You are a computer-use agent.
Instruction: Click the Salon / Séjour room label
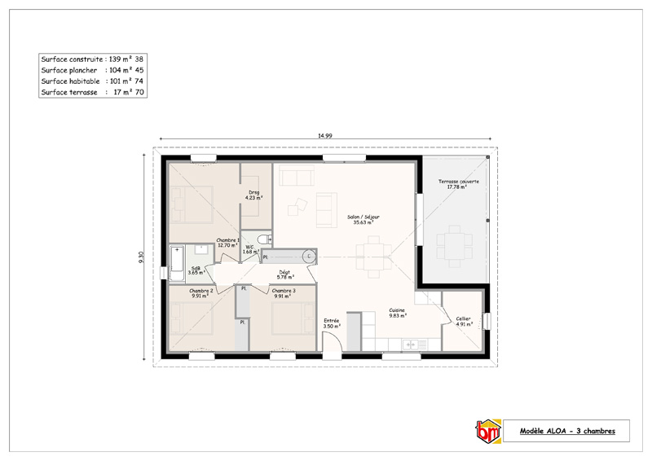coord(363,219)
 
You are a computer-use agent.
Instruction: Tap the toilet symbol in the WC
coord(263,239)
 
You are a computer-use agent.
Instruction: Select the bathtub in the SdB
coord(177,263)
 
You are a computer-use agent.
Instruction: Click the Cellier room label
coord(463,322)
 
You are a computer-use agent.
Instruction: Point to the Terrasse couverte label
coord(458,184)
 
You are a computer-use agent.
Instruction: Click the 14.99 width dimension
coord(324,135)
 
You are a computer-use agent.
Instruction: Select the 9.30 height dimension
coord(141,257)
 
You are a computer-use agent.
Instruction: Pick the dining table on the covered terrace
coord(454,246)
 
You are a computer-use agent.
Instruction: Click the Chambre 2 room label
coord(200,293)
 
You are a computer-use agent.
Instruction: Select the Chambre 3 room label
coord(284,293)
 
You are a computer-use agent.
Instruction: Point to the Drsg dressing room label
coord(253,195)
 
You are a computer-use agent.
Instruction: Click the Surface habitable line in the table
coord(92,81)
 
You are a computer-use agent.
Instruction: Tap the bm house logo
coord(488,431)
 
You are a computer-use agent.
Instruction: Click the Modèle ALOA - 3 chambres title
coord(567,431)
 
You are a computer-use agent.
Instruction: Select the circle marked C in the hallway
coord(309,257)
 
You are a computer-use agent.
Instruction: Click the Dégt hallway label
coord(284,274)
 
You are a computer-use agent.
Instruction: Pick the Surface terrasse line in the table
coord(92,92)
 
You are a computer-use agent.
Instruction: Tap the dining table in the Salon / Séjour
coord(373,257)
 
